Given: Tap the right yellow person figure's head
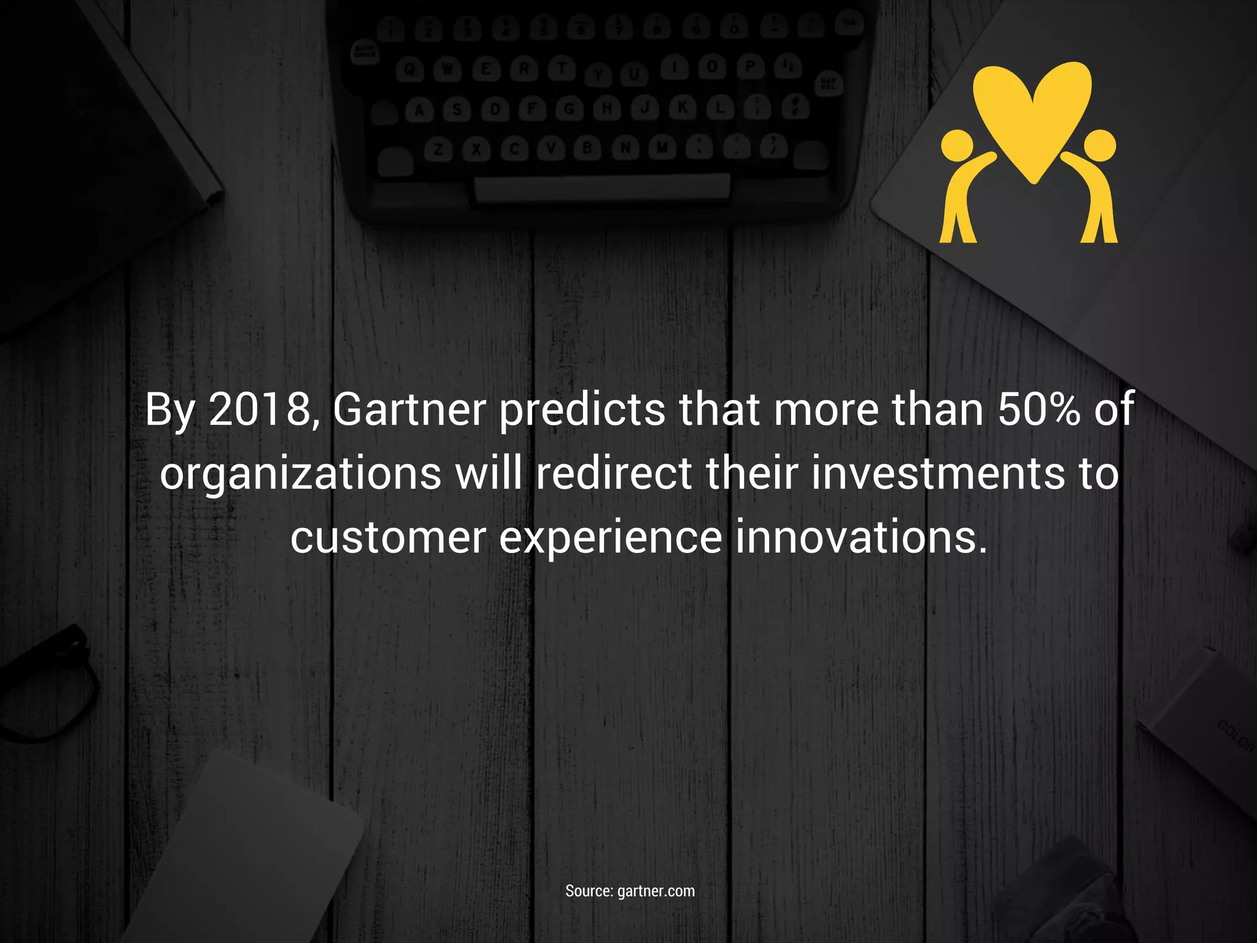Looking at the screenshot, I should pos(1099,146).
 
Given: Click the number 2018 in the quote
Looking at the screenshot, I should pos(261,409).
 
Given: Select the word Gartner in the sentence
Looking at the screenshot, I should pos(409,409).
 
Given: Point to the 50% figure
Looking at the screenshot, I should pos(1039,409).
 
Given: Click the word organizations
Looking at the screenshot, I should pos(301,474).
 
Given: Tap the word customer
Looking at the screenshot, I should pos(388,537).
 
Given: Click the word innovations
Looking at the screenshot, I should pos(861,537).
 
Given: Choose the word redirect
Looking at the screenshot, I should pos(614,474).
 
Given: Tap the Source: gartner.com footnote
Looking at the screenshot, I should pos(630,891).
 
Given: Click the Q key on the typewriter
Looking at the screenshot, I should pos(409,71).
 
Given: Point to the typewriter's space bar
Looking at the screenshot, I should pos(602,187).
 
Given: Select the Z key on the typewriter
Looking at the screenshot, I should pos(438,150).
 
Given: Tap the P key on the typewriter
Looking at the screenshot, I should pos(749,66).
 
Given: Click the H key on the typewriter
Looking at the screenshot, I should pos(606,109).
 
